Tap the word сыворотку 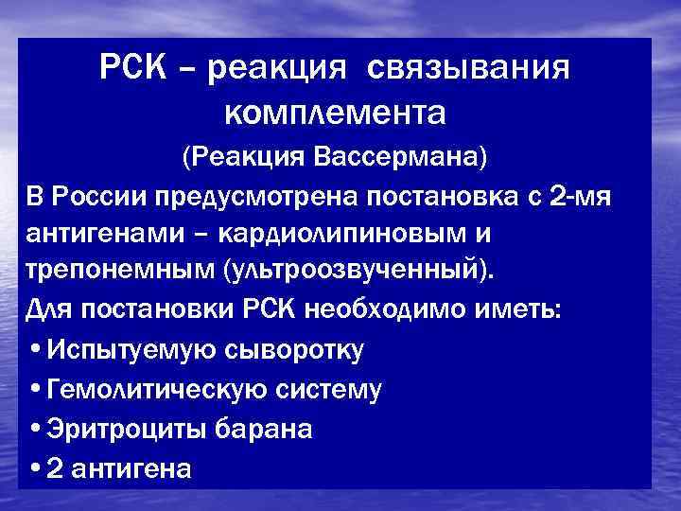pos(295,349)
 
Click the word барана pos(264,428)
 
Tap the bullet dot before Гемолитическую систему pos(35,389)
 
